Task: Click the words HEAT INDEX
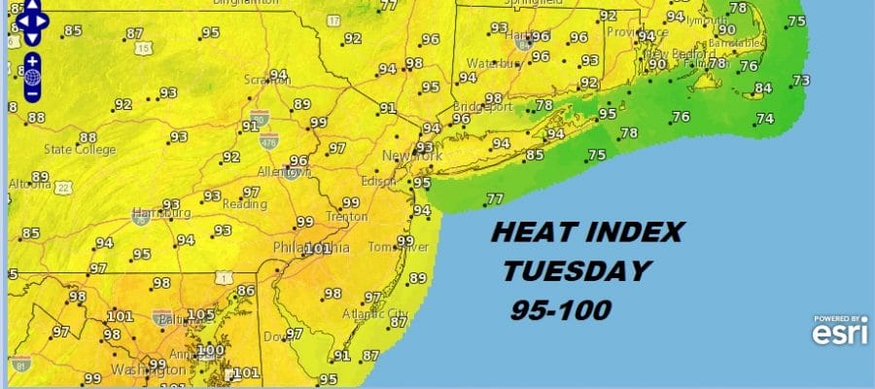pyautogui.click(x=587, y=232)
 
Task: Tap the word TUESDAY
pyautogui.click(x=575, y=270)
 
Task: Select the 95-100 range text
pyautogui.click(x=561, y=310)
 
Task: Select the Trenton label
pyautogui.click(x=345, y=217)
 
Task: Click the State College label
pyautogui.click(x=79, y=150)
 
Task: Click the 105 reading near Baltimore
pyautogui.click(x=201, y=314)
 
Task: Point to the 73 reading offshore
pyautogui.click(x=801, y=81)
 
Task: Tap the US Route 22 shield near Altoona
pyautogui.click(x=62, y=187)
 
